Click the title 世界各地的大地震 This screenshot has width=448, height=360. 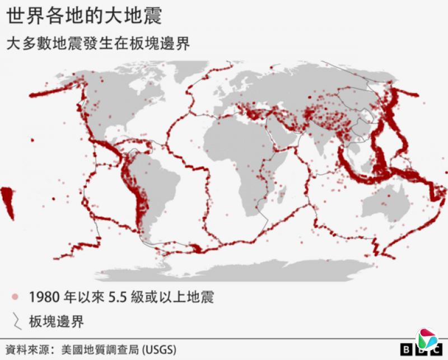coord(85,16)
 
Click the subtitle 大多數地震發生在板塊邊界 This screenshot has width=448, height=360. coord(98,43)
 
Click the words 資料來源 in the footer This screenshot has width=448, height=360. coord(26,349)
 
